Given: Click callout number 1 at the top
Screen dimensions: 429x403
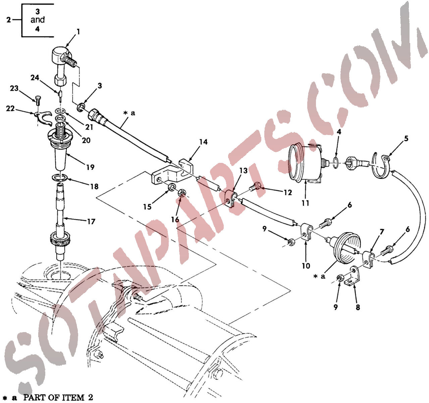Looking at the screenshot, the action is coord(78,32).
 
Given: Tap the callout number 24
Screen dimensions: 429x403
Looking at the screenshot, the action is coord(35,78).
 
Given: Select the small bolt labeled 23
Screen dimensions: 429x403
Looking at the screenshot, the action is coord(38,99).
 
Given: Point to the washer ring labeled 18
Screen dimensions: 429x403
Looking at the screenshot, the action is coord(60,178).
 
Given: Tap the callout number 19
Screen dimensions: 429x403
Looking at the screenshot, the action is coord(91,167).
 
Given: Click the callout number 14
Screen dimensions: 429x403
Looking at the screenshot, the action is coord(203,142).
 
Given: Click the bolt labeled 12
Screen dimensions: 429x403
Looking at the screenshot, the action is coord(256,186).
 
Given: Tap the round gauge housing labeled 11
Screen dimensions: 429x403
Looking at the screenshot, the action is coord(305,163).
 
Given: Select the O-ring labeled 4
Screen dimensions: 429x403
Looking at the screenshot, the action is coord(336,163).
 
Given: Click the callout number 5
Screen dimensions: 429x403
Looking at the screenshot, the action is coord(406,138).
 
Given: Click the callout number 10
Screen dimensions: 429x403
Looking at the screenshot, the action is coord(306,266).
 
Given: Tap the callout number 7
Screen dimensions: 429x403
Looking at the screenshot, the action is coord(382,232).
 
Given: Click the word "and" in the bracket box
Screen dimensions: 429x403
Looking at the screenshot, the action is coord(38,20).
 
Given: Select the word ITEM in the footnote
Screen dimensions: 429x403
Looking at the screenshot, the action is coord(73,397).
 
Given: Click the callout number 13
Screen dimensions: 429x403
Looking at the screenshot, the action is coord(243,171).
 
